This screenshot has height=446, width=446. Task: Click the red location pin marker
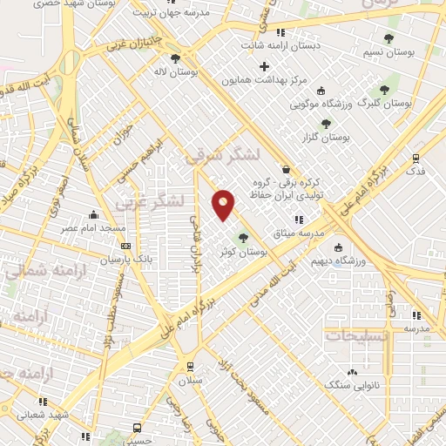(224, 203)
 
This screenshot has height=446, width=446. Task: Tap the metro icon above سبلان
(189, 367)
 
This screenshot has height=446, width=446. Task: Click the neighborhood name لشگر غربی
(150, 202)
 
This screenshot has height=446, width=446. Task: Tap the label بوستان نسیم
(388, 54)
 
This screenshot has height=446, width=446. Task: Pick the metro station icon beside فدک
(416, 159)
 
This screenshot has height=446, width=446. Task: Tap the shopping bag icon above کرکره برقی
(286, 170)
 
